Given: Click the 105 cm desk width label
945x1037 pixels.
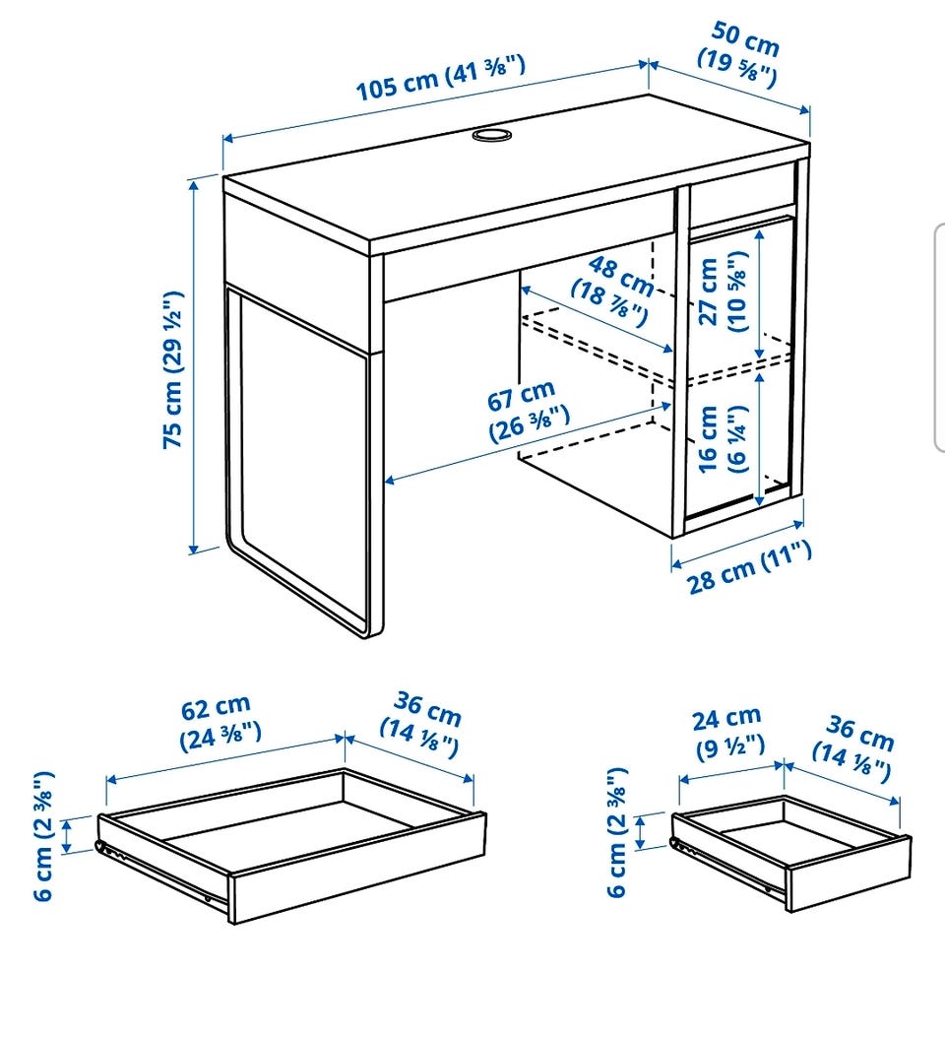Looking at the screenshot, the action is (441, 78).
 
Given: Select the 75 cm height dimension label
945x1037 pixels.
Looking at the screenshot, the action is (173, 369).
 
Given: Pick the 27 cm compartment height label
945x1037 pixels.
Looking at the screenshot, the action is (722, 291).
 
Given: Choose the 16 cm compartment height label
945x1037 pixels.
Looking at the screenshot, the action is (722, 438).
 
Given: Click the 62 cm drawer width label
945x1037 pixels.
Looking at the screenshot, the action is (220, 722).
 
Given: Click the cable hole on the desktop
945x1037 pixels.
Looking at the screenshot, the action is (492, 135).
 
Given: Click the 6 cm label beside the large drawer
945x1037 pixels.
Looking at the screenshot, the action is (43, 836).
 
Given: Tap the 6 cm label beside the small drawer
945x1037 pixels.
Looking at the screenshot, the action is (617, 832).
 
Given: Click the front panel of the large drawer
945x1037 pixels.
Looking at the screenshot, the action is (357, 867).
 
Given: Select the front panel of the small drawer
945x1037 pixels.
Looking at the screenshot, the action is (849, 875).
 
